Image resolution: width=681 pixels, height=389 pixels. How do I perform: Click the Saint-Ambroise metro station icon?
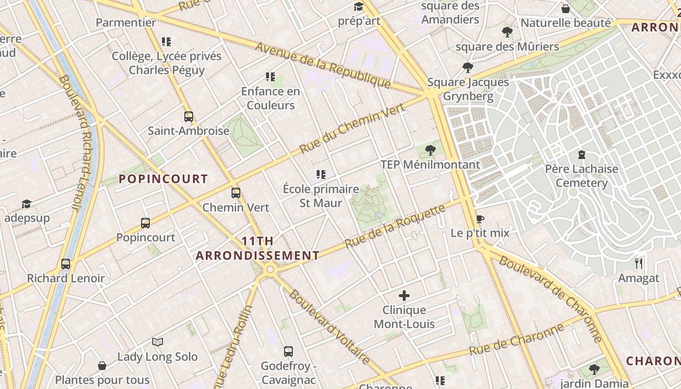click(189, 117)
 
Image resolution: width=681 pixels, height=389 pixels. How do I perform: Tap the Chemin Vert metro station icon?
click(236, 193)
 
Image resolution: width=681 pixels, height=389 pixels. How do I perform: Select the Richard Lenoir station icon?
click(66, 264)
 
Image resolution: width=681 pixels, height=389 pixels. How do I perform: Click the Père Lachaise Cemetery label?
click(581, 176)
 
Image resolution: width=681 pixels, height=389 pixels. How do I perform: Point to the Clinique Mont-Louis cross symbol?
click(404, 295)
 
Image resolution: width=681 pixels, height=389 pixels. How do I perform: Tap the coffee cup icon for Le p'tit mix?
click(480, 219)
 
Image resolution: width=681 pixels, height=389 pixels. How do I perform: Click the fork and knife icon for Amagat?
click(639, 264)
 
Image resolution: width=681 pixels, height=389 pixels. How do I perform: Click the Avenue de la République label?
click(323, 66)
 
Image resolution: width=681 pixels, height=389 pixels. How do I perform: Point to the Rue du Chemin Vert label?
click(352, 128)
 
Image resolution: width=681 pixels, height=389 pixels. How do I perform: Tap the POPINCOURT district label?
click(163, 179)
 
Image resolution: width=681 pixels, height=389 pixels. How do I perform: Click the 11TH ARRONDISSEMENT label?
click(257, 248)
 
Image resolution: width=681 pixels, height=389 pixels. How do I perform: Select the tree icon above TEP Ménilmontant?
click(430, 150)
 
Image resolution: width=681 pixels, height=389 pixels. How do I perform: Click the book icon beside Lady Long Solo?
click(157, 342)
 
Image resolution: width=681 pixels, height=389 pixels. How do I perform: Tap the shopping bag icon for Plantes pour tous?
click(102, 365)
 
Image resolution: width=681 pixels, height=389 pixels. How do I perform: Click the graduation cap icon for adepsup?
click(26, 204)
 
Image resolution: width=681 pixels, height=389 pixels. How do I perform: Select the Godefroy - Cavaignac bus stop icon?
click(288, 351)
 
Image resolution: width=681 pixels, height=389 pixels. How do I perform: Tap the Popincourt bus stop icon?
click(145, 223)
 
